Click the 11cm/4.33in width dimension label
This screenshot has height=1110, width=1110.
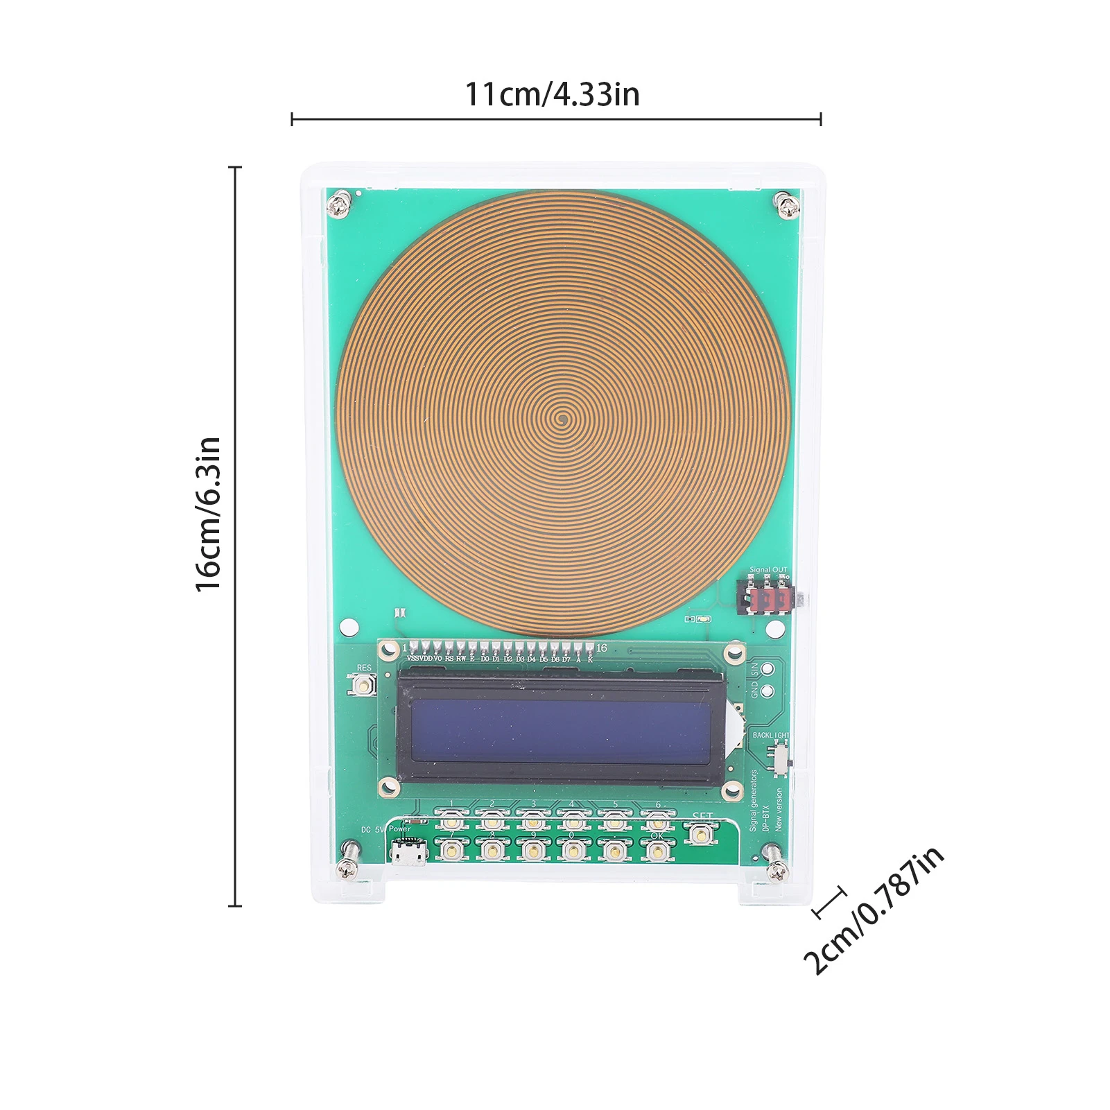coord(552,94)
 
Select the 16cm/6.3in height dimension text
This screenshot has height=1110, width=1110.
coord(208,514)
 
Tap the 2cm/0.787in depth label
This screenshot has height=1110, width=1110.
coord(874,910)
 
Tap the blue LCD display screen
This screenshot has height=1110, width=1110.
coord(560,731)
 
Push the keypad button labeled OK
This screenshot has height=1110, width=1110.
coord(657,849)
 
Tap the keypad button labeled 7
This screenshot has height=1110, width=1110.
coord(451,849)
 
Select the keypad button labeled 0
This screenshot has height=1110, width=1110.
coord(573,849)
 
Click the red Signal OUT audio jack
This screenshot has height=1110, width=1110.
coord(770,600)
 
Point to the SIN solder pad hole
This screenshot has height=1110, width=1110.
coord(768,669)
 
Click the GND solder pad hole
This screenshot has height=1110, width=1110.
coord(768,691)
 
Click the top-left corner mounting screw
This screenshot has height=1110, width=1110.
coord(338,205)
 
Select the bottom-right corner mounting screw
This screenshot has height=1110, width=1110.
coord(776,870)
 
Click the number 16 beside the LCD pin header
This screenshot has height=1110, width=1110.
coord(601,648)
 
